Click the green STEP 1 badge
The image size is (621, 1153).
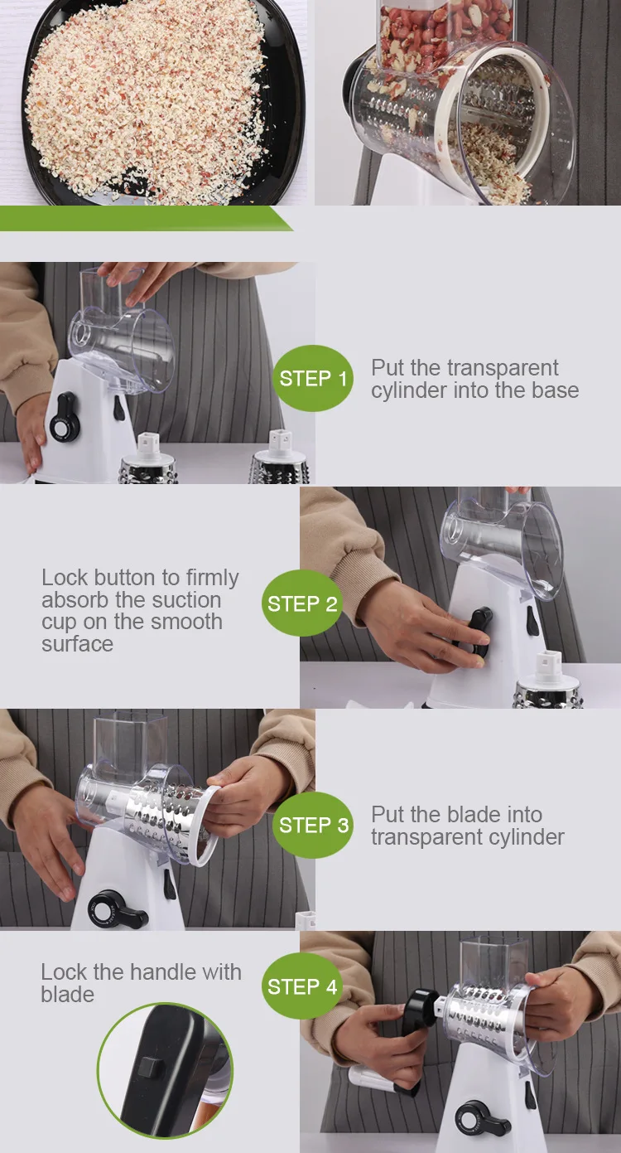(312, 378)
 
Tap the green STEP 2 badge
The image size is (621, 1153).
(301, 603)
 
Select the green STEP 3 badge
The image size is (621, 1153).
(312, 825)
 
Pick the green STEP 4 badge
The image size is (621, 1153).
(301, 986)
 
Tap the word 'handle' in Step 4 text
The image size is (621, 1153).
(162, 971)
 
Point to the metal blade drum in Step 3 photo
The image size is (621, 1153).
(165, 811)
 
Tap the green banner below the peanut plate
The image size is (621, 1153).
(147, 218)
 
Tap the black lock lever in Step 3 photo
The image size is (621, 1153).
(119, 911)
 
